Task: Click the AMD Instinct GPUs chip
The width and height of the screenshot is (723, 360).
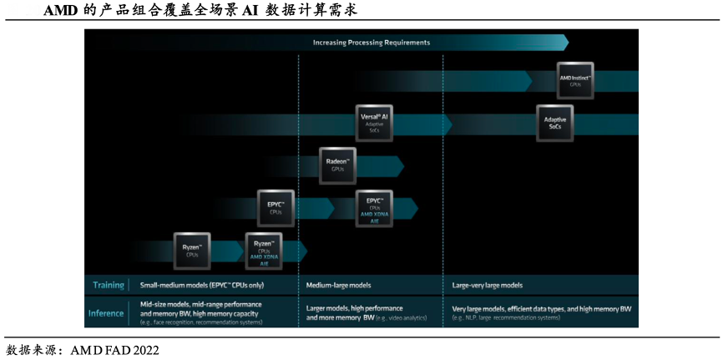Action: point(575,81)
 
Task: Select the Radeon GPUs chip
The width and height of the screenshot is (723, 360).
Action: point(337,165)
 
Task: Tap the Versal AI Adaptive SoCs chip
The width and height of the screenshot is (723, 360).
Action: point(374,122)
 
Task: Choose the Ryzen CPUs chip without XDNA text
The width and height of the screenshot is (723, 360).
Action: point(192,251)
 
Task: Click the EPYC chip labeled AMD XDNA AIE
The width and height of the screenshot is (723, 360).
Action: point(374,209)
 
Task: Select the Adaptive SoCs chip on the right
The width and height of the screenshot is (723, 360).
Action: point(555,123)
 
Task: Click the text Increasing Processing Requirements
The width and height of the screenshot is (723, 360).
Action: point(372,42)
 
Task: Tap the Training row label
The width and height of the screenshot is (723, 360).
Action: point(108,285)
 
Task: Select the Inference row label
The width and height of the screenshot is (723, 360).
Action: point(106,313)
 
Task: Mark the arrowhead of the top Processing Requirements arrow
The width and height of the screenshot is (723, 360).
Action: point(564,42)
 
